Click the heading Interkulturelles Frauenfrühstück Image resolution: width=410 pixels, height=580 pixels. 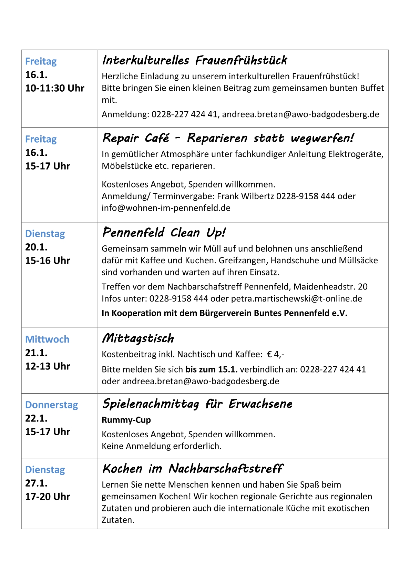[x=194, y=61]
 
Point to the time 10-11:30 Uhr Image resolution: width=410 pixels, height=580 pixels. [x=54, y=88]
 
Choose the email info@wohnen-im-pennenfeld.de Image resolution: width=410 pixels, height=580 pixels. [x=166, y=208]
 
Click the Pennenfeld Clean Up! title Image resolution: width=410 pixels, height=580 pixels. [x=164, y=233]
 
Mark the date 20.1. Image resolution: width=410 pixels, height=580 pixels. [x=36, y=247]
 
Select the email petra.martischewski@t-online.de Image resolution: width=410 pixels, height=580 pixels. [x=296, y=298]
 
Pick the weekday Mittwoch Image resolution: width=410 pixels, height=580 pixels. [x=47, y=339]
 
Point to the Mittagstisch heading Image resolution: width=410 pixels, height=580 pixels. [x=138, y=338]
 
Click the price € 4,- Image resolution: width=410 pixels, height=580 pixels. [x=276, y=354]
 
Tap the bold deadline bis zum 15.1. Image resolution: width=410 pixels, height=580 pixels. [x=211, y=369]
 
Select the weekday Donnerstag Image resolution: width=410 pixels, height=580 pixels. [x=52, y=405]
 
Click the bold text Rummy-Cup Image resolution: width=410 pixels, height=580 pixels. [x=126, y=420]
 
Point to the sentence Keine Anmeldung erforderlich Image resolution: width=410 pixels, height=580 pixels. [x=161, y=446]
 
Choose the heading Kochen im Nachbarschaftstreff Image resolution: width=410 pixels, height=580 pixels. [x=193, y=469]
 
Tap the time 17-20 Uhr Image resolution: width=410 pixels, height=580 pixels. [x=48, y=497]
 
